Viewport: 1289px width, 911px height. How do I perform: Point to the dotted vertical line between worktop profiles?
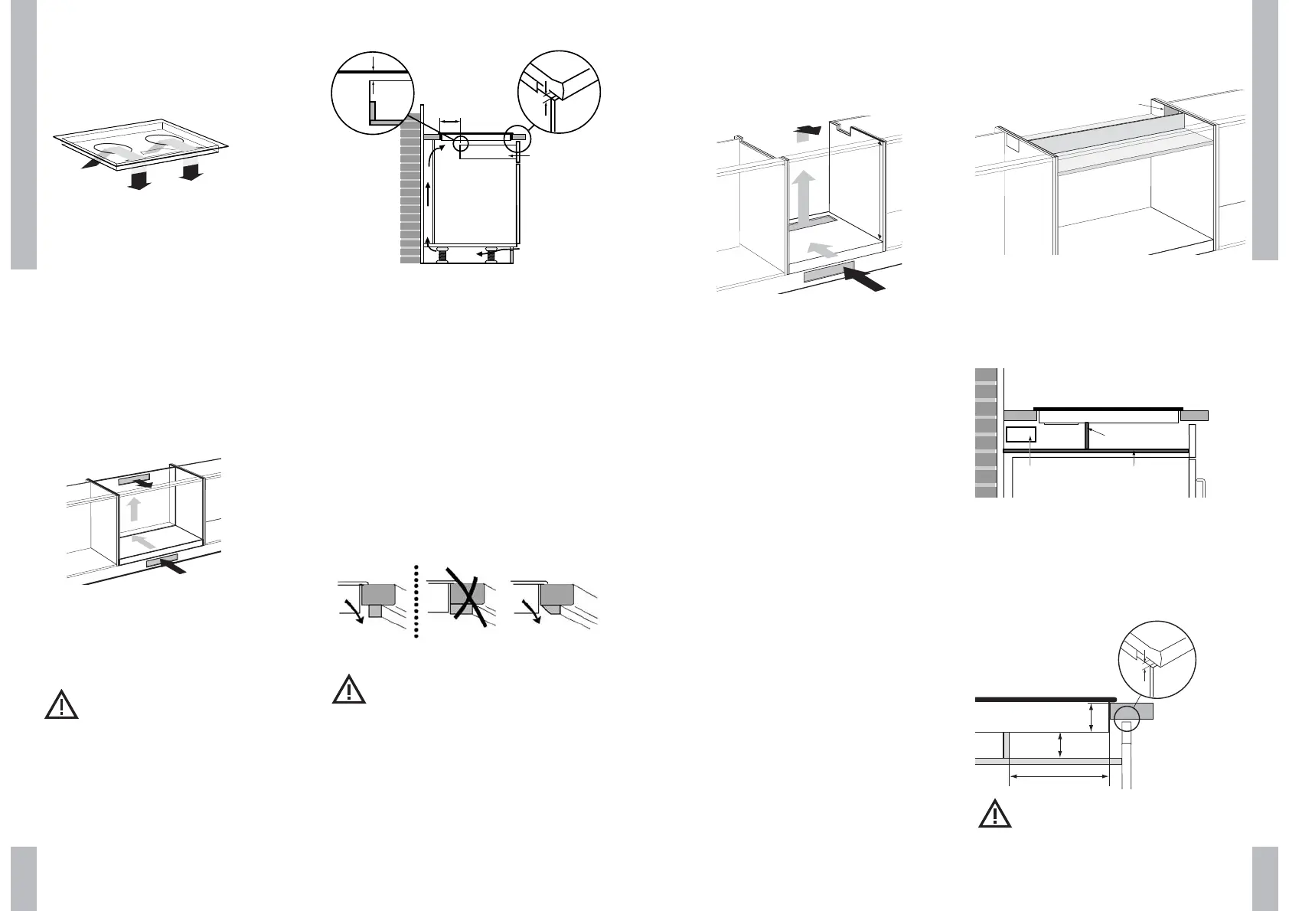pos(416,602)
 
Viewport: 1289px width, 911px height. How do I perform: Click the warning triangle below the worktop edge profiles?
pos(349,690)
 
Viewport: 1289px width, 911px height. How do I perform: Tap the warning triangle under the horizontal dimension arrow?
pos(995,815)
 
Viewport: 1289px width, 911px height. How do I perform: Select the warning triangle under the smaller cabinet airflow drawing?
pos(61,704)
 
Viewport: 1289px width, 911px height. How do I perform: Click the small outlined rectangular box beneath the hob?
pos(1020,436)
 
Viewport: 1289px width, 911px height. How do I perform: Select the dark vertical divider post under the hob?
pos(1086,436)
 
